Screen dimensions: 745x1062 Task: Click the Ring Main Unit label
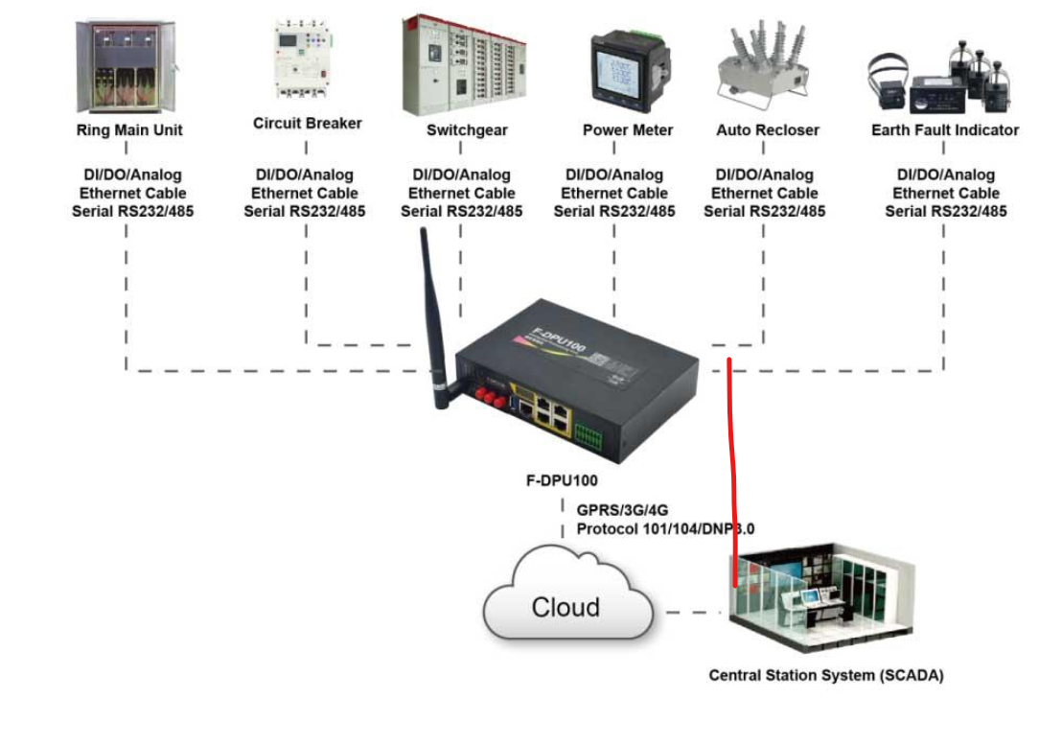128,130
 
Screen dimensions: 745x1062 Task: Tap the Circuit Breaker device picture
305,60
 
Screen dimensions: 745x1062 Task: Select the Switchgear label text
467,130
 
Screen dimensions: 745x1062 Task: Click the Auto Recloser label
767,130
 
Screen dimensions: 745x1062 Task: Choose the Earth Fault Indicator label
944,130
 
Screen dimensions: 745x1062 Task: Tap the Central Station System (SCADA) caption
825,675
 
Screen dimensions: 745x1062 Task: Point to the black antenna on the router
433,316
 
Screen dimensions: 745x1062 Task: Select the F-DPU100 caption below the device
563,481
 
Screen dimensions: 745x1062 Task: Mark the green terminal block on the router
588,434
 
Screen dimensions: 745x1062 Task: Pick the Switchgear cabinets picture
465,65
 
